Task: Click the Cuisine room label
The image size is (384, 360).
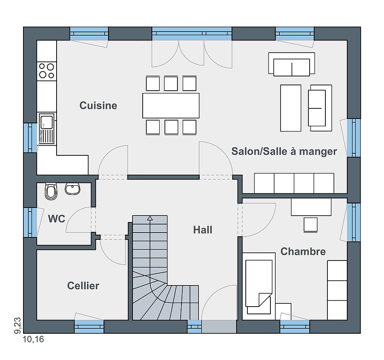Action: (x=98, y=106)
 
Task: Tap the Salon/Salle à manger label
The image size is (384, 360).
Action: (x=284, y=151)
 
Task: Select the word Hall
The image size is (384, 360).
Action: (x=203, y=230)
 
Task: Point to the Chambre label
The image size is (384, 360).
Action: (x=303, y=252)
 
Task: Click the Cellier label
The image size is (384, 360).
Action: (x=83, y=286)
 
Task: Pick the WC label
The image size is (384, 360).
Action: (x=57, y=218)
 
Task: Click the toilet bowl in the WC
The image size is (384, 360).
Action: (x=51, y=191)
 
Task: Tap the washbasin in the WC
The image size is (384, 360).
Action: (x=72, y=189)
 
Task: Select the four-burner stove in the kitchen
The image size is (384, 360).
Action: (x=46, y=71)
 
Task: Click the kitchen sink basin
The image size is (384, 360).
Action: (x=46, y=122)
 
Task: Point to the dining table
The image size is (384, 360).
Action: (x=171, y=106)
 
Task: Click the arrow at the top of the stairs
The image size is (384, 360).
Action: (x=150, y=218)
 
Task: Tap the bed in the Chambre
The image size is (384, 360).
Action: (x=259, y=284)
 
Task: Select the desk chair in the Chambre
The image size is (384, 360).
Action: (x=310, y=224)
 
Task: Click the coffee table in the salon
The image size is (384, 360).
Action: (x=291, y=108)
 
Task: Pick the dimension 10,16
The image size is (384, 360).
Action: (x=33, y=339)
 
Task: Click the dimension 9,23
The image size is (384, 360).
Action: (x=18, y=326)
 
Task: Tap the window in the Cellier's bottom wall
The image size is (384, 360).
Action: (x=89, y=326)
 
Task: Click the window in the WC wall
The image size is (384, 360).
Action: (x=30, y=222)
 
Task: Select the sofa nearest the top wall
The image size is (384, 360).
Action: (x=291, y=64)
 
